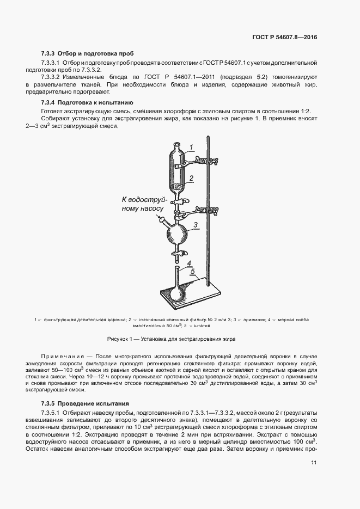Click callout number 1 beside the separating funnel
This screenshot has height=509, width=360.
(x=192, y=146)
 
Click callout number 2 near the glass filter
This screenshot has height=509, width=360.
(x=192, y=178)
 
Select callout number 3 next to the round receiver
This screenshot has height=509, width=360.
(x=196, y=224)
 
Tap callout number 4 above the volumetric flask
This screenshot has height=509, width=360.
(x=190, y=264)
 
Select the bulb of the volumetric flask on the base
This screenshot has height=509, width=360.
(x=178, y=291)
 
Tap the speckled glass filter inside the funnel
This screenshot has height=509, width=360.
(x=178, y=187)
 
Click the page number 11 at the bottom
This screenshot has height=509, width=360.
(x=314, y=463)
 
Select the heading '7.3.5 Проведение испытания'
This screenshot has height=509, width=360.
(x=85, y=404)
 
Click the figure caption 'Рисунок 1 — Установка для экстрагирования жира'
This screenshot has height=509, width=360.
(x=171, y=339)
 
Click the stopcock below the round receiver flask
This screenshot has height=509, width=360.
(x=178, y=253)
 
